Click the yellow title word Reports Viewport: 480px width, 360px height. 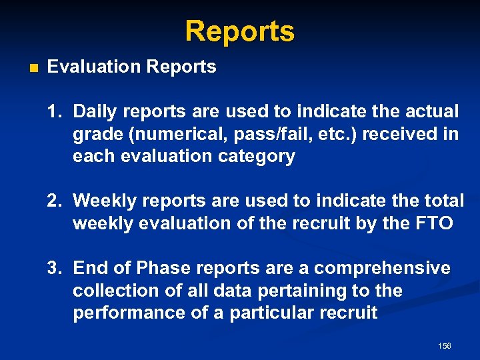click(x=239, y=31)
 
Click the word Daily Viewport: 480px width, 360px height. click(x=93, y=111)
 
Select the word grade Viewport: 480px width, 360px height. click(x=97, y=134)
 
